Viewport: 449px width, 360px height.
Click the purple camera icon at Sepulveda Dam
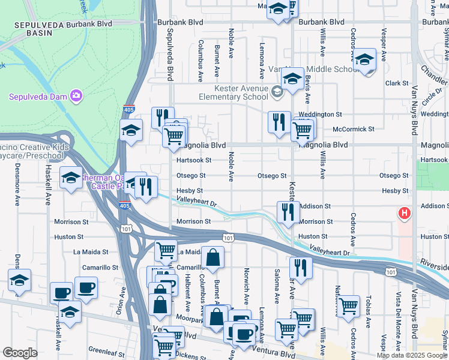[x=76, y=95]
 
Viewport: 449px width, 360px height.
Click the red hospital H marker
[x=405, y=213]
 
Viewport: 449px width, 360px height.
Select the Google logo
[x=19, y=353]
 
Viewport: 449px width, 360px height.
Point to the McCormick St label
[x=354, y=129]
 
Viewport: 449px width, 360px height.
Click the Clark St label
[x=396, y=83]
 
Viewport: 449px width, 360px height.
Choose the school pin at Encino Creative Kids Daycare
[x=71, y=178]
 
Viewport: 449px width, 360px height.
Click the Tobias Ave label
[x=369, y=324]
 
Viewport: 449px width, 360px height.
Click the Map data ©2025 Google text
[x=411, y=355]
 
